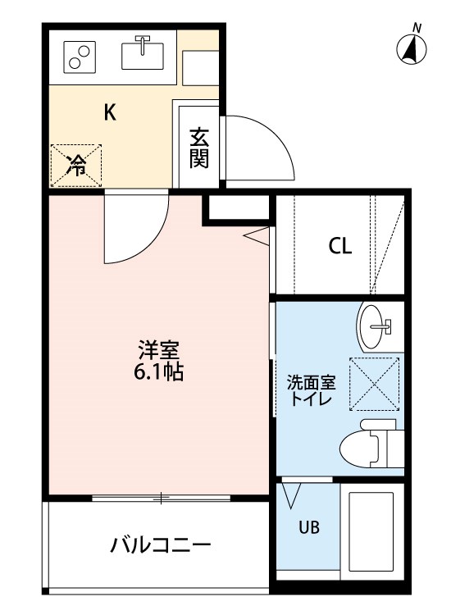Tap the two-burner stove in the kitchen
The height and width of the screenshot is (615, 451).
pyautogui.click(x=80, y=57)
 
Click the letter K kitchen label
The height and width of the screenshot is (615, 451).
pyautogui.click(x=109, y=112)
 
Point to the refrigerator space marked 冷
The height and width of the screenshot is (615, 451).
pyautogui.click(x=76, y=165)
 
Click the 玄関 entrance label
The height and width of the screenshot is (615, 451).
pyautogui.click(x=198, y=148)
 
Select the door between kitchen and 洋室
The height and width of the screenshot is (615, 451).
pyautogui.click(x=135, y=226)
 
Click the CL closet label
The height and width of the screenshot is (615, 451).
pyautogui.click(x=339, y=246)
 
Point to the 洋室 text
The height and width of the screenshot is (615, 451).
pyautogui.click(x=159, y=350)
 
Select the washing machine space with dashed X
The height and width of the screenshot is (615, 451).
pyautogui.click(x=374, y=384)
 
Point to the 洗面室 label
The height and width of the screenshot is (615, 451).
pyautogui.click(x=311, y=382)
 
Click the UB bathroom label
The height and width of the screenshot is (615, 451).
pyautogui.click(x=309, y=527)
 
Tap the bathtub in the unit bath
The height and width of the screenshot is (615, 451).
pyautogui.click(x=371, y=531)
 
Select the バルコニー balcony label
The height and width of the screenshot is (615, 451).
pyautogui.click(x=161, y=545)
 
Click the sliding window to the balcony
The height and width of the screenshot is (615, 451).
pyautogui.click(x=161, y=498)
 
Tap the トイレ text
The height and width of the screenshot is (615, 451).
pyautogui.click(x=311, y=399)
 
